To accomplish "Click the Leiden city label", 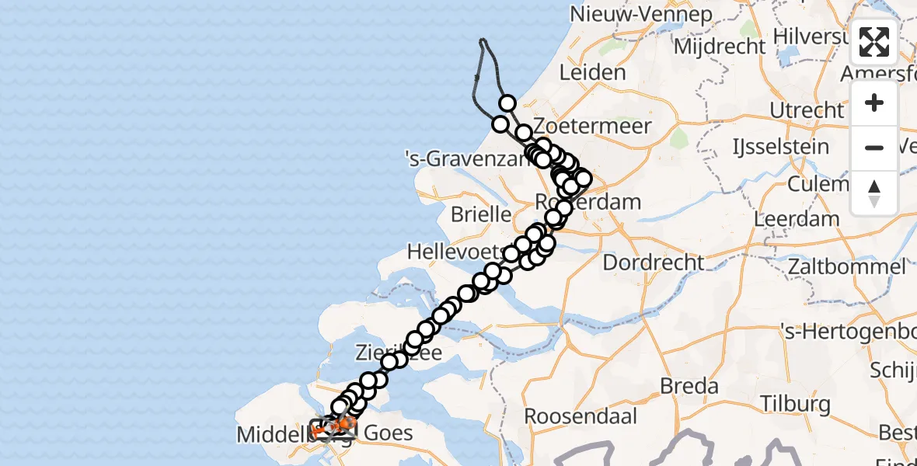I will point(593,73).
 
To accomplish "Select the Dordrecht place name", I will point(653,263).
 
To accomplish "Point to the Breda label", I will point(689,386).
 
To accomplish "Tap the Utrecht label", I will point(806,110).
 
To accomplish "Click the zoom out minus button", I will point(874,148).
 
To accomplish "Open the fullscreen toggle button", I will point(874,42).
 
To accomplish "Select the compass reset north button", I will point(874,193).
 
